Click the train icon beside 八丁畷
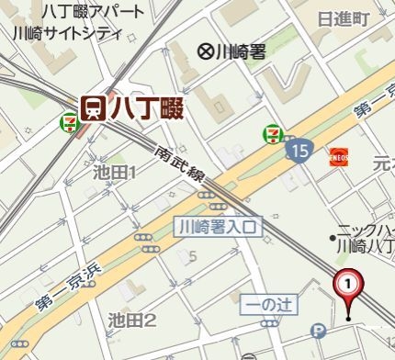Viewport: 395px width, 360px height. (93, 107)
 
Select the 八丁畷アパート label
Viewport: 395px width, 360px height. (93, 12)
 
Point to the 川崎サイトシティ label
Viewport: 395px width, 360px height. (68, 33)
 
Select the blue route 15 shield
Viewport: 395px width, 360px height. (297, 149)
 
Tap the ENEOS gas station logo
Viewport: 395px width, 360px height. (339, 156)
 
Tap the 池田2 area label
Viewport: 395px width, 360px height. (132, 320)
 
